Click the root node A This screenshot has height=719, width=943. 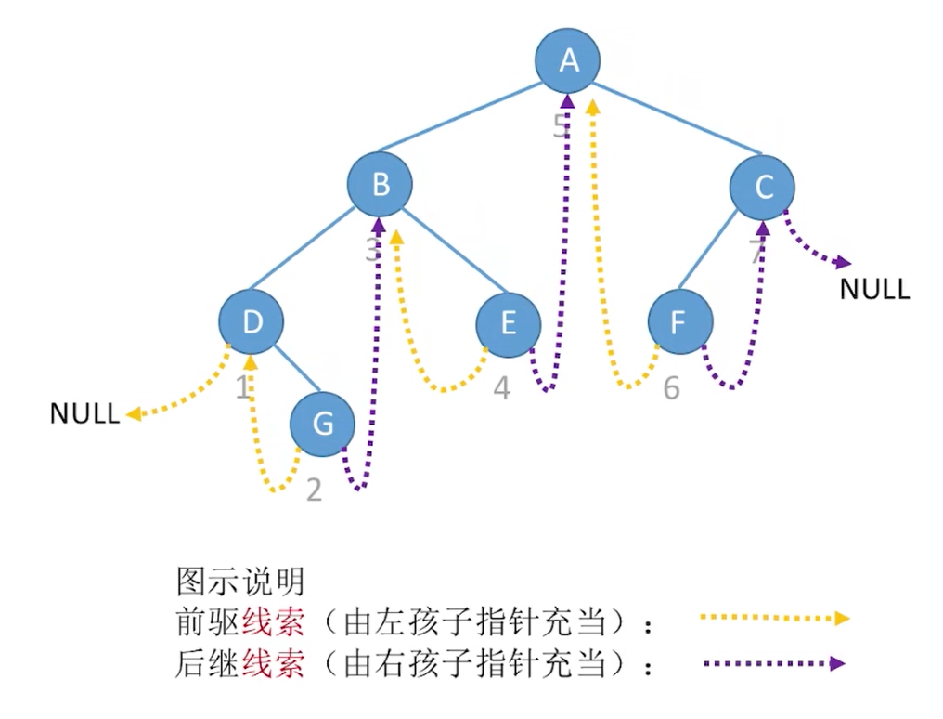point(568,60)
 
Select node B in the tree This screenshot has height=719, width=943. point(381,184)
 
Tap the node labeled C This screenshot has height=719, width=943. point(763,188)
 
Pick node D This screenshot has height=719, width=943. point(251,322)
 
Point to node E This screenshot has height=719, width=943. point(508,322)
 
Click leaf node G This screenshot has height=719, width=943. point(322,425)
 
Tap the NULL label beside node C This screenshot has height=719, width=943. point(874,289)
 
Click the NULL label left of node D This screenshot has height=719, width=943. point(84,413)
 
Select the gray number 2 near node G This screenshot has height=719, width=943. point(314,490)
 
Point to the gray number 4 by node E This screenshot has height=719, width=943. point(501,388)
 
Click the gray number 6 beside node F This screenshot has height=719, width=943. point(671,388)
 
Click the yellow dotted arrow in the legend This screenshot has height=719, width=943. point(774,617)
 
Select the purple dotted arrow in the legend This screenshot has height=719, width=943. point(774,663)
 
